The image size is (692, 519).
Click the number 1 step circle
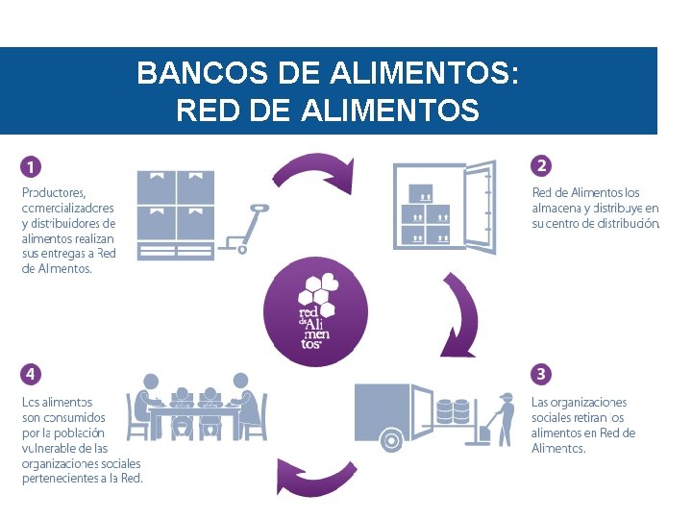click(32, 166)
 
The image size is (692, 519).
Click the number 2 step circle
click(541, 166)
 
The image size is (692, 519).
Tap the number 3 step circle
click(541, 373)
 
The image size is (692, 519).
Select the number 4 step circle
click(32, 373)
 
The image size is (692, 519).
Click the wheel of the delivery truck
click(390, 440)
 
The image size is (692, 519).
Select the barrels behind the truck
click(453, 412)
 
